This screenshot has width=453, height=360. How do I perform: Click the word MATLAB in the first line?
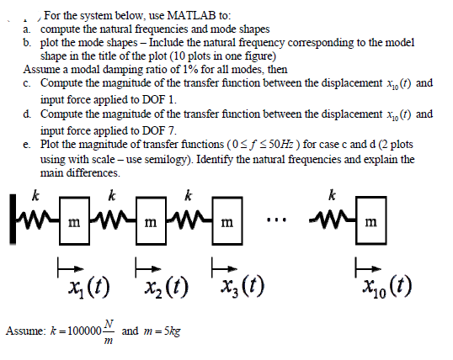[x=191, y=15]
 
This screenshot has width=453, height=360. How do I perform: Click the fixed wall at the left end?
[x=13, y=220]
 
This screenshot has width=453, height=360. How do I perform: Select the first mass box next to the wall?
[x=74, y=221]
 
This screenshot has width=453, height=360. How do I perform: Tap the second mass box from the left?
[x=151, y=221]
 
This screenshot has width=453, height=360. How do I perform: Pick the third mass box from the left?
[x=227, y=221]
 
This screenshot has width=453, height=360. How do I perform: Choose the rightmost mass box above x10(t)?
[x=371, y=221]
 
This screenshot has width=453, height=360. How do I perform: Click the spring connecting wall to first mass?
[x=38, y=222]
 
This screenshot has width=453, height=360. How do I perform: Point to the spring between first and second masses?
[x=113, y=222]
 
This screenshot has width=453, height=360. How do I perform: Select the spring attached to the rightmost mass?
[x=332, y=221]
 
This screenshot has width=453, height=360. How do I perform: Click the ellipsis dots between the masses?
[x=276, y=220]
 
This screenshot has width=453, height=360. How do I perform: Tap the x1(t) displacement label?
[x=89, y=288]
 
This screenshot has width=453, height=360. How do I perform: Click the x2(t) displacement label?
[x=167, y=288]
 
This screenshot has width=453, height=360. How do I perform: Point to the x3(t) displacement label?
[x=242, y=288]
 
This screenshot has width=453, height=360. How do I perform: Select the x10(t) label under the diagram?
[x=387, y=288]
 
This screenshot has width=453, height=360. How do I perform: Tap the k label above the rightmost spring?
[x=333, y=195]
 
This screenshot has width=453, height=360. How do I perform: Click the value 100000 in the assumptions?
[x=84, y=331]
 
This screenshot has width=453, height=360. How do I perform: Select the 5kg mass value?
[x=172, y=331]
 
